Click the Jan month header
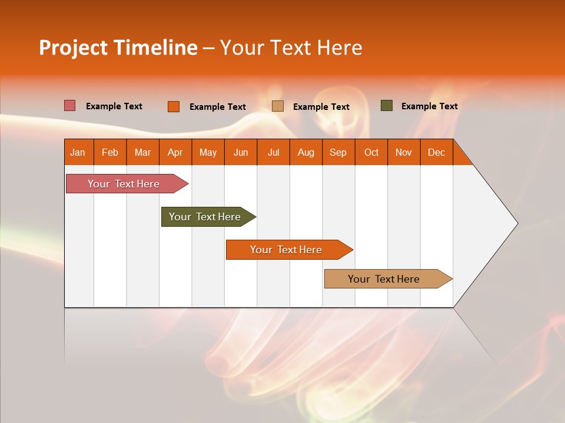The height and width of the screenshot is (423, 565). tap(78, 152)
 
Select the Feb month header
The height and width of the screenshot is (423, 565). tap(110, 152)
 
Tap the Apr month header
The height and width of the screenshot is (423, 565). tap(175, 152)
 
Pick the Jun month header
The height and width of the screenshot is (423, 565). tap(241, 152)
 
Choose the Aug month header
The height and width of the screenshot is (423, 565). tap(305, 152)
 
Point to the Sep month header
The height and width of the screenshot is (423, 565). tap(338, 152)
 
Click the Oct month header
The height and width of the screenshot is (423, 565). tap(371, 152)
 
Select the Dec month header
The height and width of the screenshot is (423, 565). tap(436, 152)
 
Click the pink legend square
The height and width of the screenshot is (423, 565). tap(70, 106)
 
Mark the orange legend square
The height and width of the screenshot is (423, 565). tap(174, 106)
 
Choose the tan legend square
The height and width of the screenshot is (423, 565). tap(278, 106)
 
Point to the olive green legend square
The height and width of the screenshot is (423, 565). tap(387, 106)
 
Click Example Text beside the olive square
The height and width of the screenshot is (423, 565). tap(429, 106)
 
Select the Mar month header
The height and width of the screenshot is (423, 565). tap(142, 152)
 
